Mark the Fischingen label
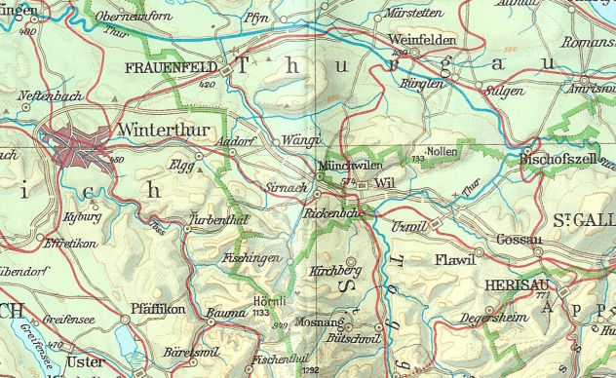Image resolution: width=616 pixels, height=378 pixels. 251,258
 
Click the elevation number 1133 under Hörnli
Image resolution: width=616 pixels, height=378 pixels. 260,314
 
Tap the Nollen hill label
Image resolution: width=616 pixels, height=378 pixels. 443,153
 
